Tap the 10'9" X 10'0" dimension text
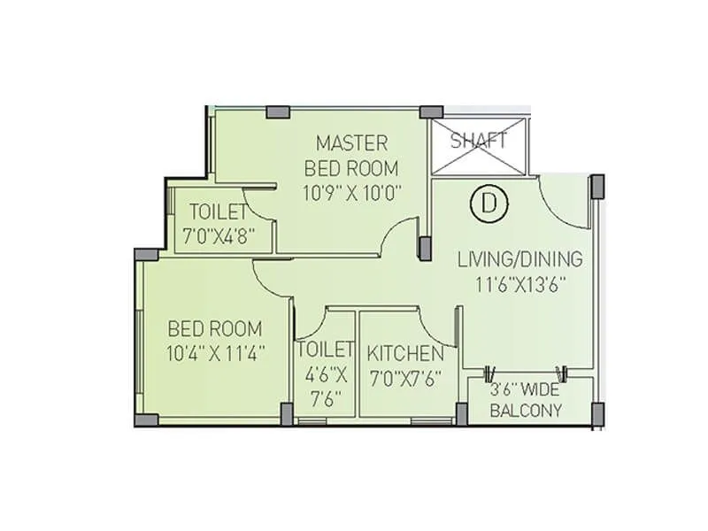coord(351,193)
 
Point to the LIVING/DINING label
coord(519,259)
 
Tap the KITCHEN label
coord(405,354)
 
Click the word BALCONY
coord(527,410)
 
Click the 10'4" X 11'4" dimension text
coord(216,352)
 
